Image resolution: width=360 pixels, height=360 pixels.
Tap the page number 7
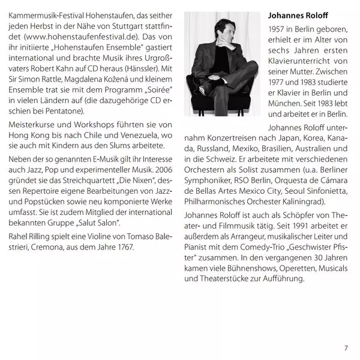tap(346, 347)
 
